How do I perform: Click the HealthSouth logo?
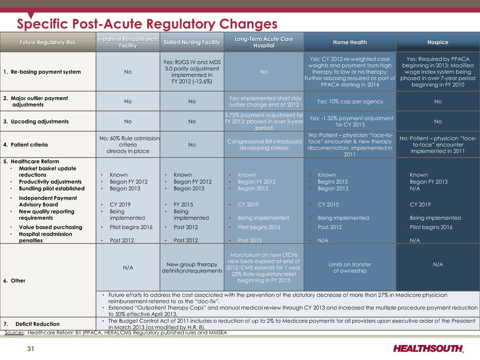(428, 348)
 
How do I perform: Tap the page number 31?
(31, 349)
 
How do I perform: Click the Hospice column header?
(438, 42)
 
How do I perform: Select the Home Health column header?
(350, 42)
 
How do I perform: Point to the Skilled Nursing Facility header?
(192, 42)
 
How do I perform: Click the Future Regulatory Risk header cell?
(48, 42)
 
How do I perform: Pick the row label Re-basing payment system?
(46, 71)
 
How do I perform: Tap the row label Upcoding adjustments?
(40, 121)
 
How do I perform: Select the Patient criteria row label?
(30, 145)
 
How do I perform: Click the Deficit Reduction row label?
(37, 324)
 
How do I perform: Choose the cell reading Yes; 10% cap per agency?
(350, 101)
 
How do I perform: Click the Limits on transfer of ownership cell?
(350, 268)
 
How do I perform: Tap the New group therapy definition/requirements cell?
(192, 268)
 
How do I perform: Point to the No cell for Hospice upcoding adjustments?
(438, 121)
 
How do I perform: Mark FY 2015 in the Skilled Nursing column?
(183, 204)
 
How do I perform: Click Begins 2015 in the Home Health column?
(333, 181)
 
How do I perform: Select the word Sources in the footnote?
(14, 333)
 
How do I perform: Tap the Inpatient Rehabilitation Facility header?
(128, 42)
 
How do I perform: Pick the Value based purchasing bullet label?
(51, 227)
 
